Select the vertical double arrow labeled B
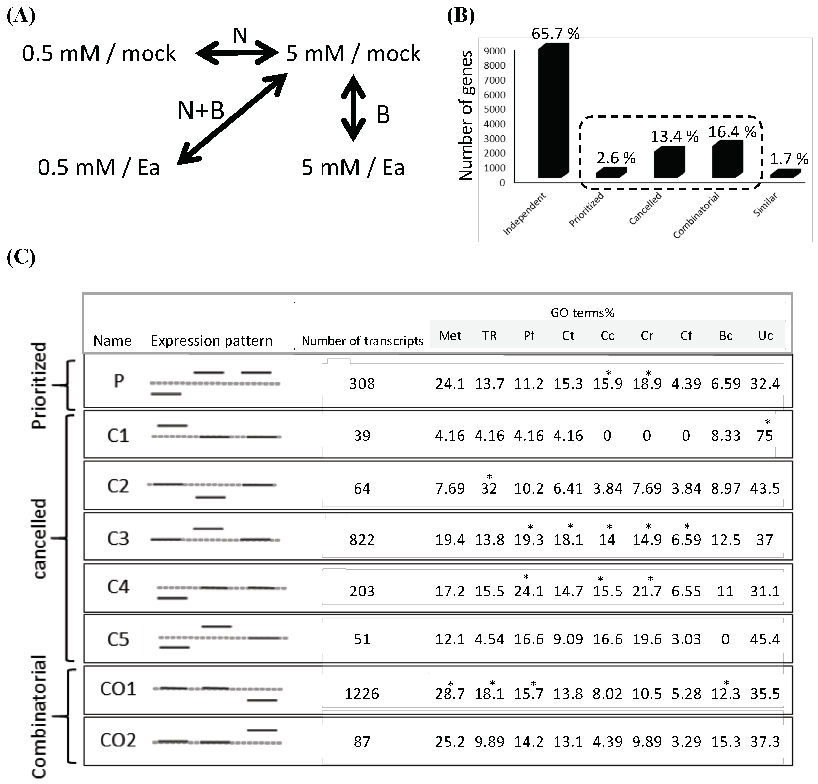pyautogui.click(x=353, y=109)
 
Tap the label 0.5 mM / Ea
pyautogui.click(x=99, y=168)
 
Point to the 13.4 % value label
pyautogui.click(x=674, y=136)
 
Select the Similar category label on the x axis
pyautogui.click(x=765, y=205)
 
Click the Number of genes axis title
pyautogui.click(x=466, y=116)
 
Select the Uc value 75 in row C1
pyautogui.click(x=764, y=436)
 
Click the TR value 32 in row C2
pyautogui.click(x=489, y=488)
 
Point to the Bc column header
pyautogui.click(x=725, y=336)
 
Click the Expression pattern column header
pyautogui.click(x=211, y=341)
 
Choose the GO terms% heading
pyautogui.click(x=582, y=313)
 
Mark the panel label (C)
pyautogui.click(x=21, y=257)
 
